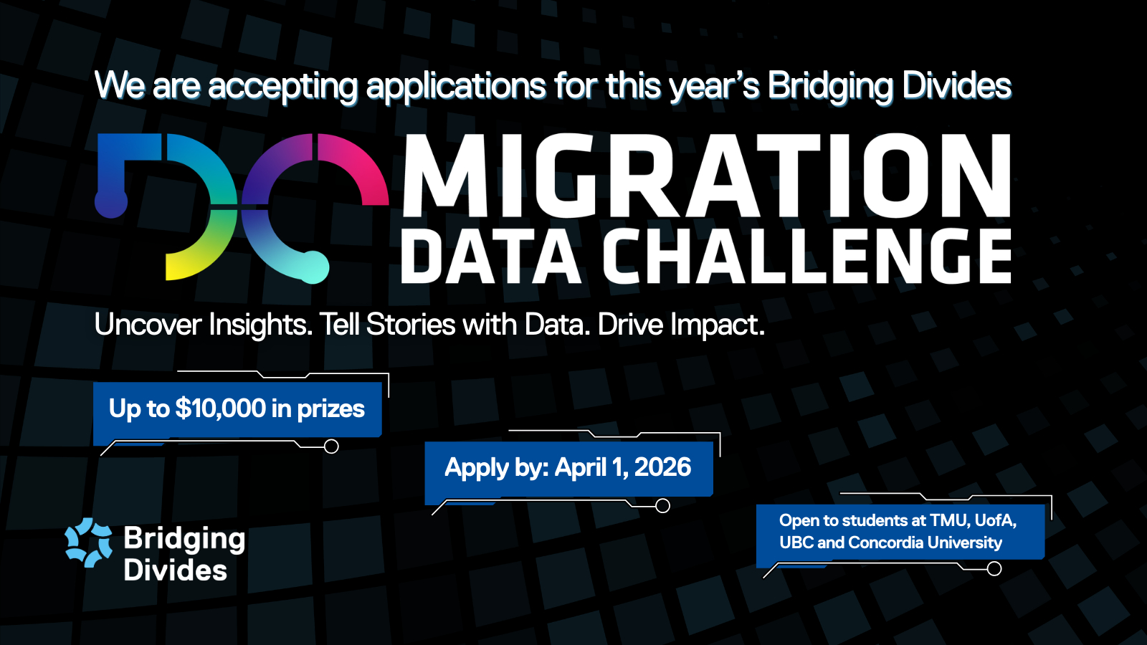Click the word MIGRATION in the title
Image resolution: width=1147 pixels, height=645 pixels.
707,176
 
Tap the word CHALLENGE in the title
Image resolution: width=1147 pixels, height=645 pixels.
806,256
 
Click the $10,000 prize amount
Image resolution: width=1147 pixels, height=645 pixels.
221,408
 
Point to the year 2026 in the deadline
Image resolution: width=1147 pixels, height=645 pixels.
662,467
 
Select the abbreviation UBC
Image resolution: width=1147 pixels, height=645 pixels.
796,543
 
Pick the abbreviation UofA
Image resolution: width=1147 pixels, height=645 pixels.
996,520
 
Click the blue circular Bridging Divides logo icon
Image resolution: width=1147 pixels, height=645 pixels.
89,543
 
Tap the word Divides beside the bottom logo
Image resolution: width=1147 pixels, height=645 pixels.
175,570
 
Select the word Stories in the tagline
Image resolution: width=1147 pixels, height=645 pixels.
411,325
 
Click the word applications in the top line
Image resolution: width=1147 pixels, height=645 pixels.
456,85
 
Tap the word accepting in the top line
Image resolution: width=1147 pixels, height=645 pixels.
282,86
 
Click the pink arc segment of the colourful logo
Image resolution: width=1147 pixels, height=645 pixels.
358,166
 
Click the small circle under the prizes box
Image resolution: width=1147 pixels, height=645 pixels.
331,446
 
